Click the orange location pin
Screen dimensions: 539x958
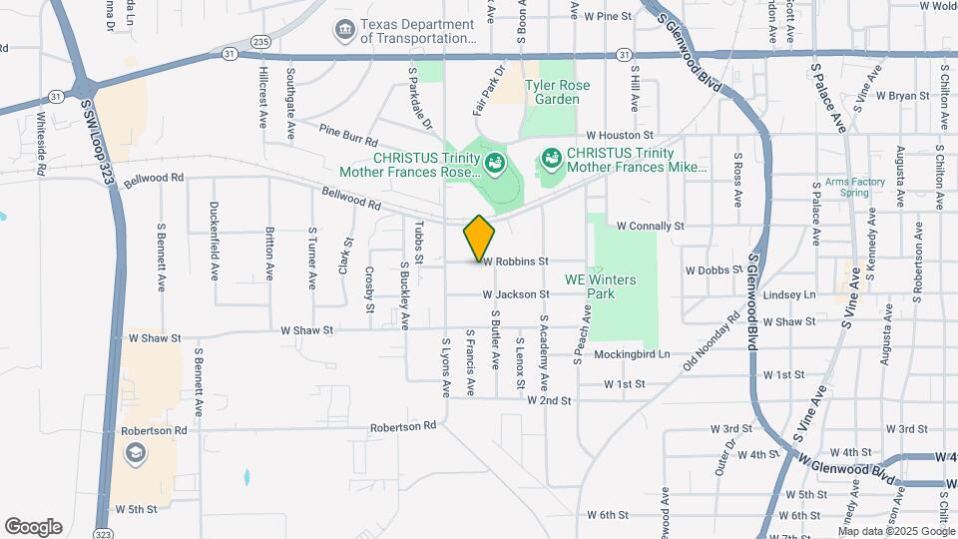[x=480, y=238]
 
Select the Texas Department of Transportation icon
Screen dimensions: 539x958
[x=344, y=31]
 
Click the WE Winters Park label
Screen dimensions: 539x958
[x=600, y=286]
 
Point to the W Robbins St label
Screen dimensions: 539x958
[x=516, y=261]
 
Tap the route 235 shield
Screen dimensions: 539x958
[x=261, y=41]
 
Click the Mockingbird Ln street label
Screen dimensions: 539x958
[x=630, y=354]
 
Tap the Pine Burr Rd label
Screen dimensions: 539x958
[x=348, y=136]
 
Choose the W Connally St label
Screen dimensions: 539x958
[x=650, y=227]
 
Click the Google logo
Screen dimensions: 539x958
[x=33, y=527]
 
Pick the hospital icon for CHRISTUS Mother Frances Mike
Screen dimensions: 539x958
[x=550, y=160]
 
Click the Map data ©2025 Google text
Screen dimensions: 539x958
[x=896, y=531]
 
